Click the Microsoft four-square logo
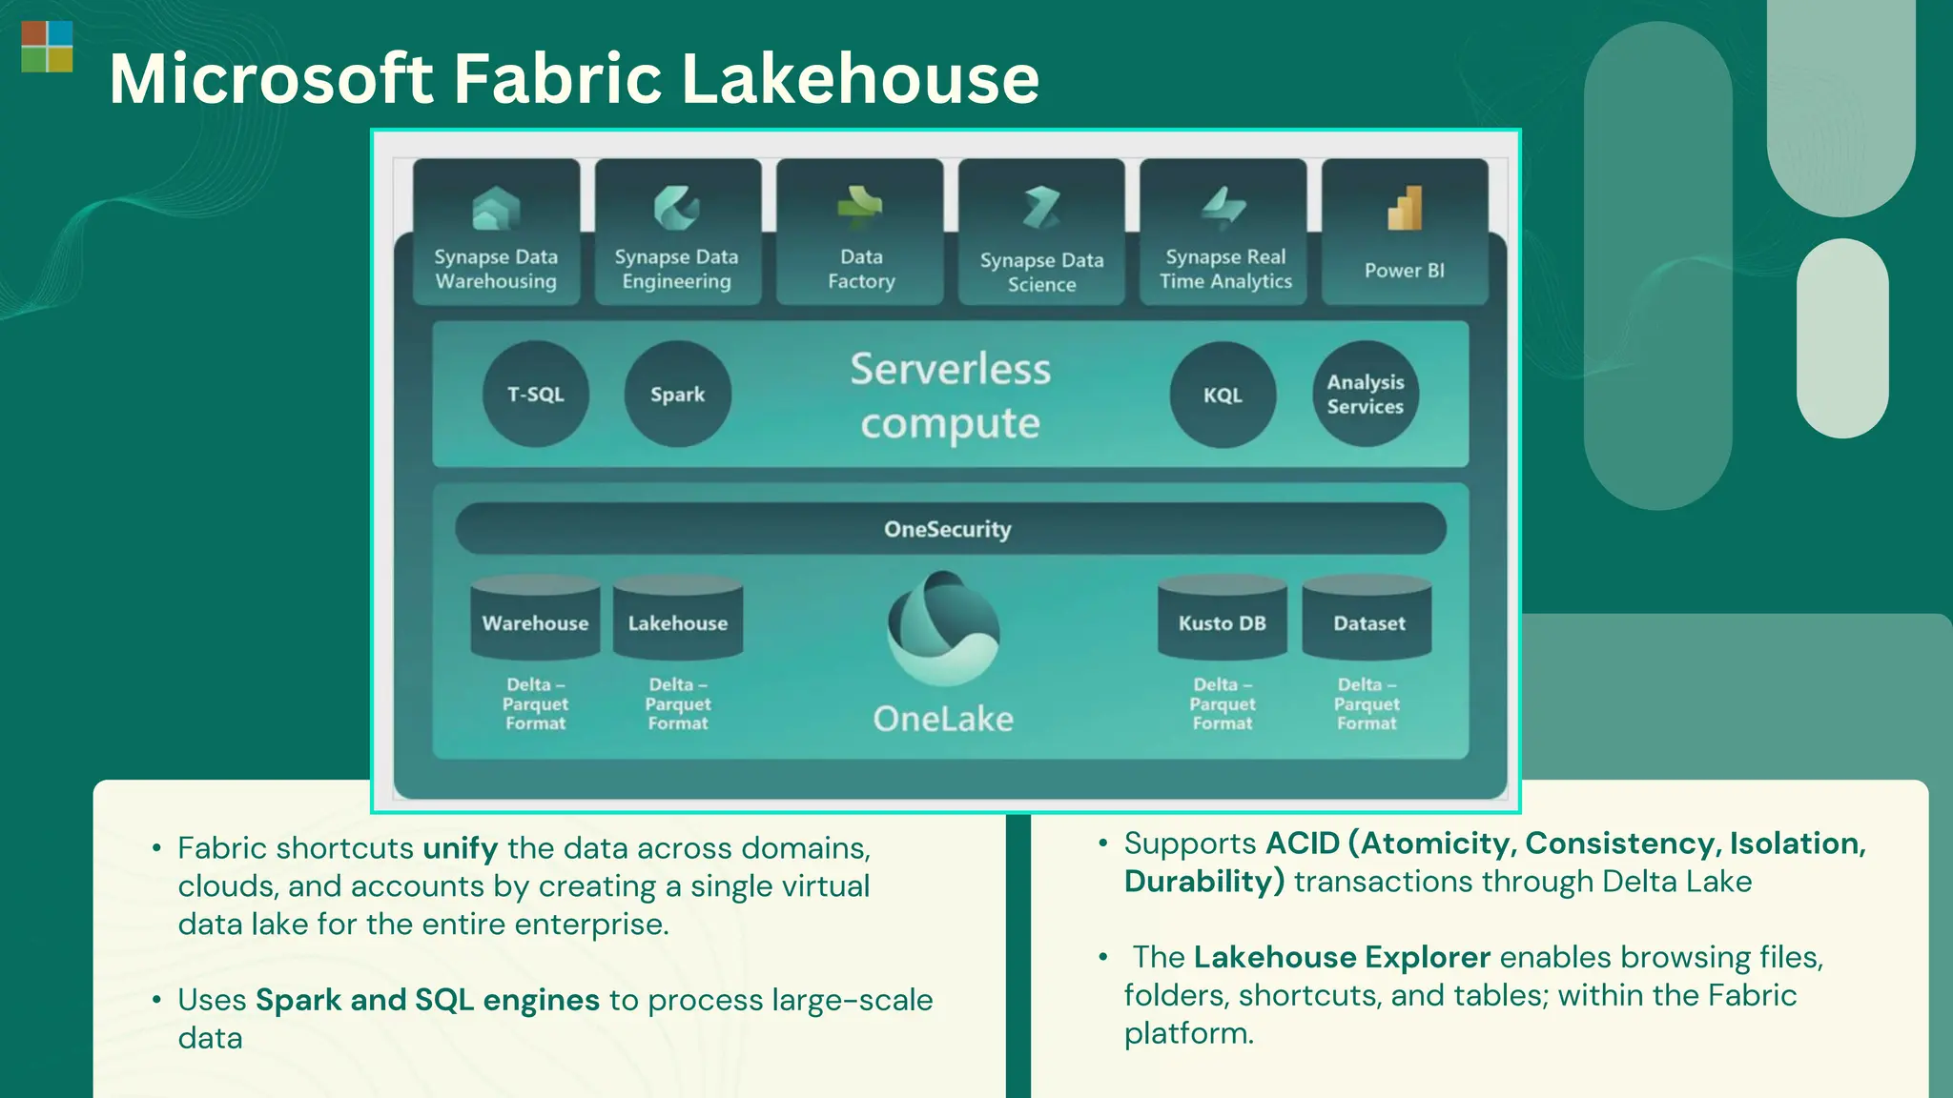point(47,47)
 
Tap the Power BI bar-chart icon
point(1405,208)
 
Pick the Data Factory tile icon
point(860,207)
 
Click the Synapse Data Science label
point(1041,272)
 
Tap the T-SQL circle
point(536,394)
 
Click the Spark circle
point(677,394)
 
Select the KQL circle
point(1223,395)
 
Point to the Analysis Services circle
point(1366,394)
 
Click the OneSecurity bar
point(949,529)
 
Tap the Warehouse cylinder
point(535,620)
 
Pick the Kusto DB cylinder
point(1223,620)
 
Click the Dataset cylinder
point(1367,620)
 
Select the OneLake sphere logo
point(943,628)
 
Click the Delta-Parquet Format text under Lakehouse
point(678,703)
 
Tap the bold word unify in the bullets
point(460,847)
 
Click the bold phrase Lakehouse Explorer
point(1341,956)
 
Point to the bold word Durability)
point(1203,881)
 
